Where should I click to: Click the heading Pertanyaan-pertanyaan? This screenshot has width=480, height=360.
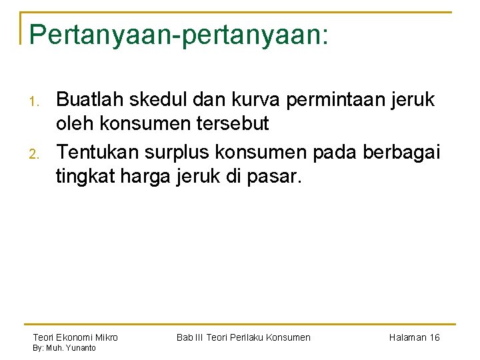tap(179, 35)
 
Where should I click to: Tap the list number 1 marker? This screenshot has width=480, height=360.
tap(37, 102)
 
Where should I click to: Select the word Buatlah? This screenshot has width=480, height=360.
tap(89, 100)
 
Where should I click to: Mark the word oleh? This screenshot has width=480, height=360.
tap(75, 124)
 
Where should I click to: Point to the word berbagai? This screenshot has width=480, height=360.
tap(401, 153)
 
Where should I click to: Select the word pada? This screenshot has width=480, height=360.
tap(334, 153)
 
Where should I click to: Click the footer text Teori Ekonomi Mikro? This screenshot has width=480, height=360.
tap(75, 337)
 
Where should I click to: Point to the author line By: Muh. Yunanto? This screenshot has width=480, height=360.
tap(65, 348)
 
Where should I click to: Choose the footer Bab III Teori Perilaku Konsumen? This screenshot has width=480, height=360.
tap(243, 337)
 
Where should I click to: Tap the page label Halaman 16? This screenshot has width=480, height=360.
tap(414, 337)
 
